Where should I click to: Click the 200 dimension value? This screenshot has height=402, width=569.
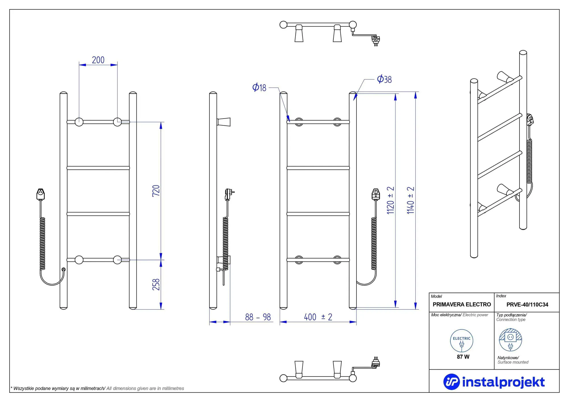[x=98, y=60]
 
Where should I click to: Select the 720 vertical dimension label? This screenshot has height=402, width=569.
[x=156, y=190]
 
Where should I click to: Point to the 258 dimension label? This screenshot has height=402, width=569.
[x=156, y=284]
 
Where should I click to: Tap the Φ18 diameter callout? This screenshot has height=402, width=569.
[x=259, y=87]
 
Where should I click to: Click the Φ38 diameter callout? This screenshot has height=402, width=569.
[x=384, y=79]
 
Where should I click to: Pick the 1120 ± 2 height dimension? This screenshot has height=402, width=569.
[x=390, y=200]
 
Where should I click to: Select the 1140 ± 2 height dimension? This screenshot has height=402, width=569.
[x=411, y=200]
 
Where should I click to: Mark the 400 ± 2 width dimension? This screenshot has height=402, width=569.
[x=318, y=317]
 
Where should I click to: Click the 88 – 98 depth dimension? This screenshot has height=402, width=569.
[x=258, y=317]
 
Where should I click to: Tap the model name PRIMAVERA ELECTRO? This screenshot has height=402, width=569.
[x=462, y=304]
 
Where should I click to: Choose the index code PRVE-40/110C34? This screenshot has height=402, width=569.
[x=527, y=304]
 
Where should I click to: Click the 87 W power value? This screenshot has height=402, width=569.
[x=463, y=357]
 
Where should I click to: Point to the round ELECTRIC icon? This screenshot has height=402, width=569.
[x=461, y=341]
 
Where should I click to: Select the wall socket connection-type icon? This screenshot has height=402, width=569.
[x=510, y=340]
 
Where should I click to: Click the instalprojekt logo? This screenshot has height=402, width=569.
[x=494, y=382]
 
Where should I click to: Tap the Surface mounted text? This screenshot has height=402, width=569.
[x=513, y=362]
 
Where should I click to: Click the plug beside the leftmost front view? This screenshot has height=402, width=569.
[x=41, y=194]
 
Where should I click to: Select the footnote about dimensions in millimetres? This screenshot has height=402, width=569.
[x=97, y=388]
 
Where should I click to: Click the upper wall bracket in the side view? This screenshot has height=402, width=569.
[x=224, y=122]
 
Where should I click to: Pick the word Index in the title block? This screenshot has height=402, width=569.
[x=501, y=296]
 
